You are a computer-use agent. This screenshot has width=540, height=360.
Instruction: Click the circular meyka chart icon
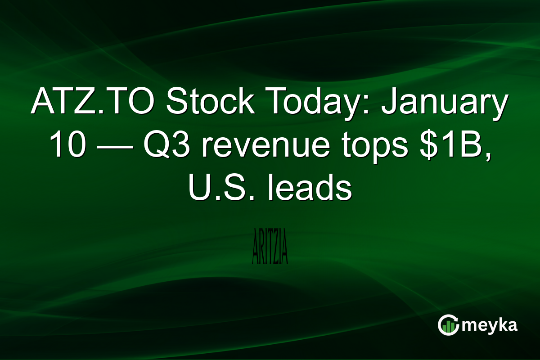448,325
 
